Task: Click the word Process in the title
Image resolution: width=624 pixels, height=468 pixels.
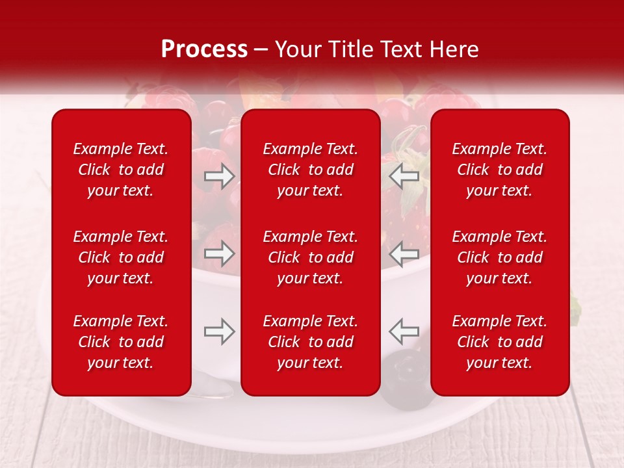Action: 204,49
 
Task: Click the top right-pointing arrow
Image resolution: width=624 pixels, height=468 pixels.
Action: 220,176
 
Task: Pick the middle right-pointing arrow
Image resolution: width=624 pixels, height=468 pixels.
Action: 220,253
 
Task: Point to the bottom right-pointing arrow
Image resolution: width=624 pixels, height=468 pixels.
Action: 220,331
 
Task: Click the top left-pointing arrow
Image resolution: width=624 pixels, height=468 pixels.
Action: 404,176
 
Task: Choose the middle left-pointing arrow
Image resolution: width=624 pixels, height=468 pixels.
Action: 404,253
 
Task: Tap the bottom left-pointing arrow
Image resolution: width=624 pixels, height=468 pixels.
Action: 404,331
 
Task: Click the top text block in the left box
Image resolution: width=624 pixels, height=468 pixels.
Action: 121,170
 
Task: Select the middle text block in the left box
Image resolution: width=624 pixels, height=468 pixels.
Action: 121,257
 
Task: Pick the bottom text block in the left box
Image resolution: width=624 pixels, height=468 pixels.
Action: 121,342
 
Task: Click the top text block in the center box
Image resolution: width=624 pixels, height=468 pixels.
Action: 310,170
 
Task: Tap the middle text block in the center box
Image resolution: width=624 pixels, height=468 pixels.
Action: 310,257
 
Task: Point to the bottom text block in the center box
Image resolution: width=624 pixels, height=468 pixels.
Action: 310,342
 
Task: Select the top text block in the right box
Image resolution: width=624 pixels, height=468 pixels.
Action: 499,170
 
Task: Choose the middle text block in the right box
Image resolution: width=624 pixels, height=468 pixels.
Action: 499,257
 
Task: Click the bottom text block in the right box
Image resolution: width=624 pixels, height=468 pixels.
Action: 499,342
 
